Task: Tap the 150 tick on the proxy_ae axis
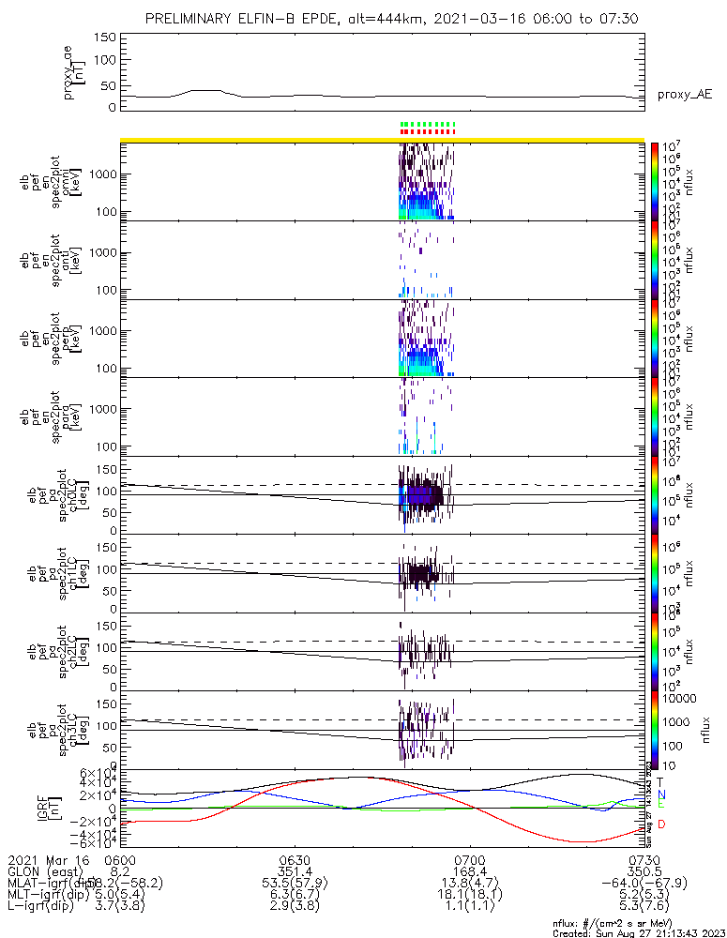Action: point(105,38)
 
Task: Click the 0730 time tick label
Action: point(644,859)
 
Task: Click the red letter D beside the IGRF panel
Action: point(661,825)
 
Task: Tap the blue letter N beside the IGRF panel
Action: point(661,794)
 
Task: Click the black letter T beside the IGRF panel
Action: point(661,780)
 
